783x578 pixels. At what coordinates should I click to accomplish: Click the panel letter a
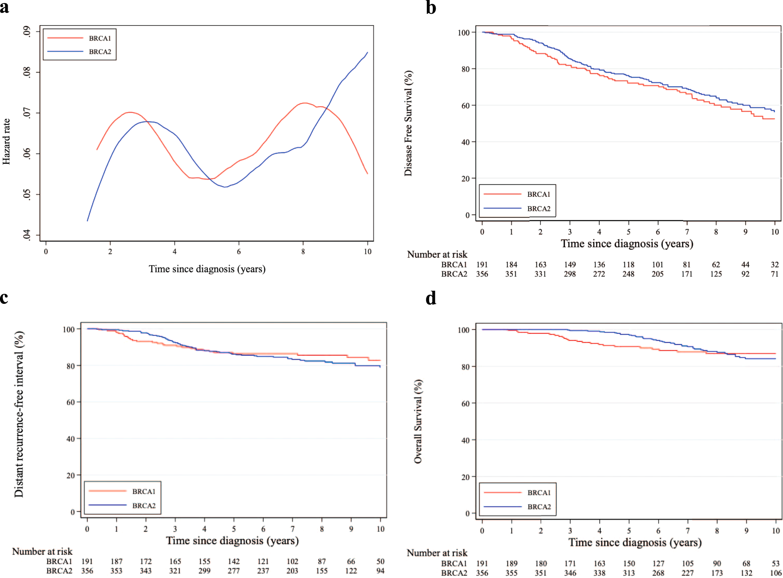tap(4, 7)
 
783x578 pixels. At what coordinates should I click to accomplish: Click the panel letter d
tap(431, 298)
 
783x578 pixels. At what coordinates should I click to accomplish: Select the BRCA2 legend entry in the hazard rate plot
tap(100, 52)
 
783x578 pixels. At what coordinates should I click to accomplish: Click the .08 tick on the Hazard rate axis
tap(27, 72)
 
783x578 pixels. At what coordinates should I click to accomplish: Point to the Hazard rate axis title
tap(6, 141)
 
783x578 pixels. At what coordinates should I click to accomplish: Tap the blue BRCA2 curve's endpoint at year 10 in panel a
tap(368, 52)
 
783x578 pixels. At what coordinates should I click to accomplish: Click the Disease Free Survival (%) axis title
tap(408, 123)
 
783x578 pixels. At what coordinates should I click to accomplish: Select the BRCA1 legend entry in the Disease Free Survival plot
tap(538, 195)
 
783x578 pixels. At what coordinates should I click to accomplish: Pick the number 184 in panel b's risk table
tap(511, 265)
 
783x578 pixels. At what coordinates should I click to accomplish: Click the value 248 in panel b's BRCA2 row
tap(628, 274)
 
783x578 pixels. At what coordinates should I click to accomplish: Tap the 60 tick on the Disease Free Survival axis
tap(465, 106)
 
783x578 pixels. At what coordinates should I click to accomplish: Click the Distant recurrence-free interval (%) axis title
tap(19, 414)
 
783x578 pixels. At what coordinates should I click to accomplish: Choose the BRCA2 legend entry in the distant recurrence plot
tap(144, 506)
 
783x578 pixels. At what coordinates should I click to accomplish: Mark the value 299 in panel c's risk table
tap(204, 571)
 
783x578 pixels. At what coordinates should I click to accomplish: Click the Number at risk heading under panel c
tap(42, 552)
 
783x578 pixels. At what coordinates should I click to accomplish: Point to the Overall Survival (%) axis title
tap(418, 421)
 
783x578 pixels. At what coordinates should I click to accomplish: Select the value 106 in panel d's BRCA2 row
tap(775, 573)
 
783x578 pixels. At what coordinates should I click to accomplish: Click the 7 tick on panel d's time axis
tap(688, 531)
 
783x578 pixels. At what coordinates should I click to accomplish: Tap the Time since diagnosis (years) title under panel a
tap(207, 269)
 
